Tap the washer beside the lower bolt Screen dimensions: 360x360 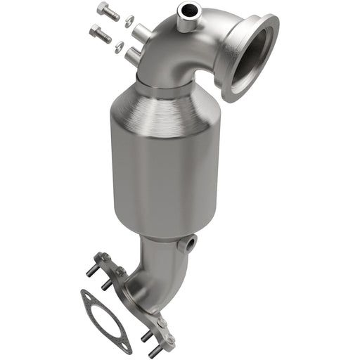[x=120, y=46]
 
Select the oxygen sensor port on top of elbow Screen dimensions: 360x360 [x=187, y=11]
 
